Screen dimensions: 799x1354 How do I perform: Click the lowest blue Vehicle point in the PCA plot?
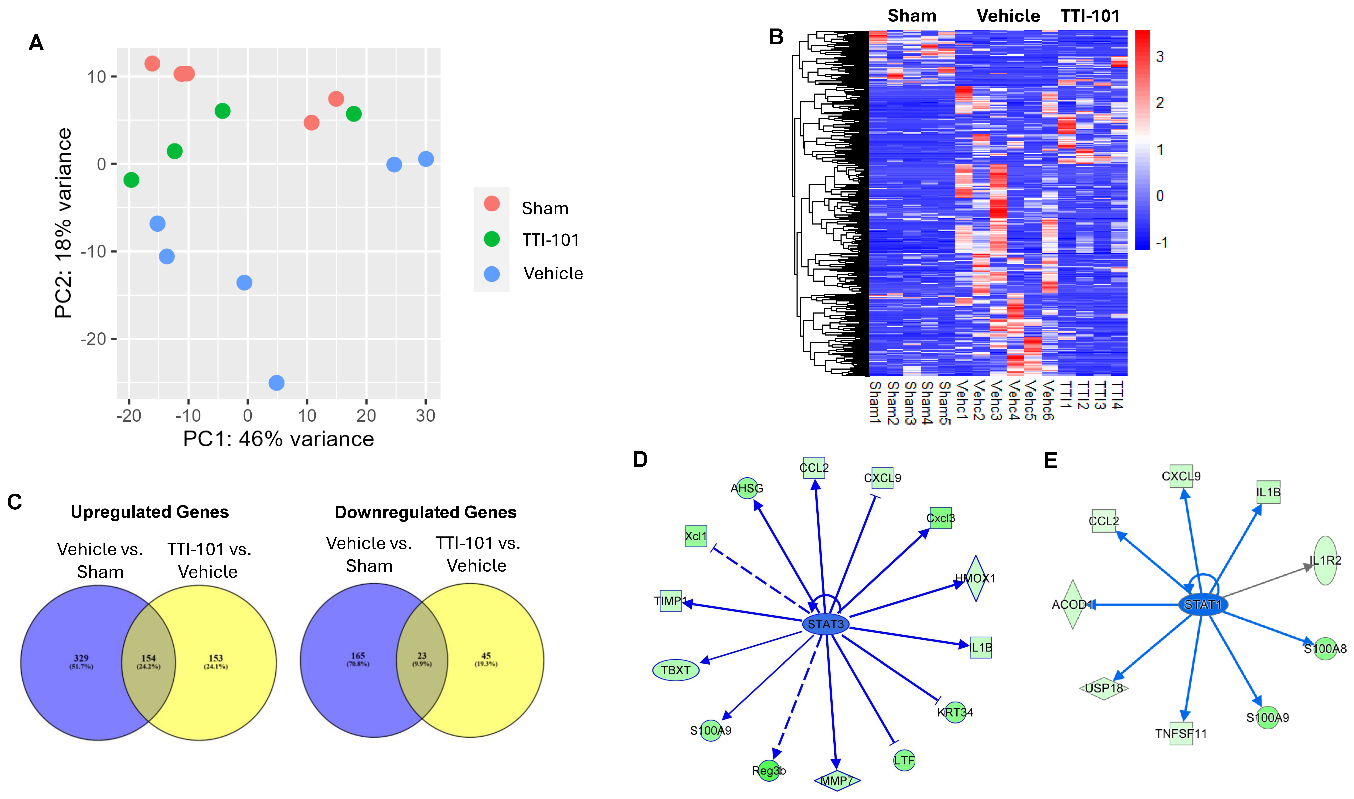pos(276,383)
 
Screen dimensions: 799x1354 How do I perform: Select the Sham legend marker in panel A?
pos(491,203)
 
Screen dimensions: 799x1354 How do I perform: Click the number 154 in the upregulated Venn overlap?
pos(148,658)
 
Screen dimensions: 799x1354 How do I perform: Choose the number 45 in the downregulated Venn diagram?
pos(486,656)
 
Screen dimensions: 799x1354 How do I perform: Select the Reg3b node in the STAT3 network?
pos(769,770)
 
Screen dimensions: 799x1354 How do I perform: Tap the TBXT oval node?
pos(676,670)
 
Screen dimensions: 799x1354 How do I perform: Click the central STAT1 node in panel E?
pos(1203,605)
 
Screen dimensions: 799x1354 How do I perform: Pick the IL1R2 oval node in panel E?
pos(1325,560)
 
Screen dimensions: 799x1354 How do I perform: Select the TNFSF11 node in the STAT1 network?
pos(1181,733)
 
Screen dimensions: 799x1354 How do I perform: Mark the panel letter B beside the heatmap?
pos(776,37)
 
